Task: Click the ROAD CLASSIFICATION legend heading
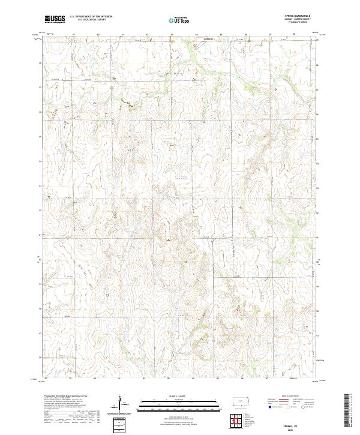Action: [289, 396]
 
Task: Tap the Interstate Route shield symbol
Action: [269, 407]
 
